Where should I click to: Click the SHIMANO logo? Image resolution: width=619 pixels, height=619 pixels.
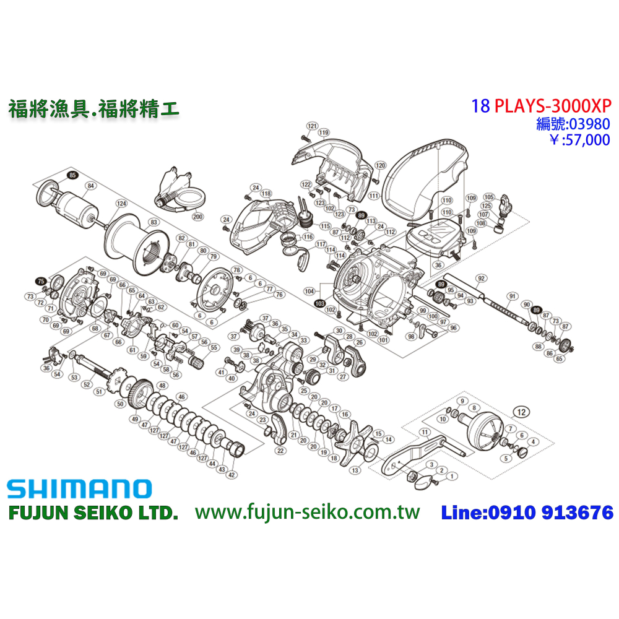pyautogui.click(x=79, y=489)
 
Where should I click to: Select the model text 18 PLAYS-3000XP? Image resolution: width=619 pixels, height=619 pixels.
pyautogui.click(x=540, y=105)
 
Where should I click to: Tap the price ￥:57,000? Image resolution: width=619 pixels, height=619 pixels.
pyautogui.click(x=579, y=140)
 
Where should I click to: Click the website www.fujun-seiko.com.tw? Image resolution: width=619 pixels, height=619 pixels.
pyautogui.click(x=307, y=513)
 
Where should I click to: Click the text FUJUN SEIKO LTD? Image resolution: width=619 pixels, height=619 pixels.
pyautogui.click(x=92, y=513)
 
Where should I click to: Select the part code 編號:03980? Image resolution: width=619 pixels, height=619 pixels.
pyautogui.click(x=573, y=123)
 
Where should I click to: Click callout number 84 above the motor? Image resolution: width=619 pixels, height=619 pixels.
pyautogui.click(x=90, y=185)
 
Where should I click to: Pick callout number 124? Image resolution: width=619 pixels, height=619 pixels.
pyautogui.click(x=121, y=203)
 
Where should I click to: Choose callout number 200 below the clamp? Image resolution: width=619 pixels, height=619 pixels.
pyautogui.click(x=197, y=217)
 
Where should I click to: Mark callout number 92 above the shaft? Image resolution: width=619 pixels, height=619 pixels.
pyautogui.click(x=478, y=279)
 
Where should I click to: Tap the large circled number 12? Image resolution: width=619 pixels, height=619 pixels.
pyautogui.click(x=522, y=410)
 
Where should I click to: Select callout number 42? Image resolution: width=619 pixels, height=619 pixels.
pyautogui.click(x=232, y=475)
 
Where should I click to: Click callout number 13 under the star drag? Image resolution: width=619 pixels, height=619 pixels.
pyautogui.click(x=355, y=470)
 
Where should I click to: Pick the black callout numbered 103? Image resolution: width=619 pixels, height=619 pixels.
pyautogui.click(x=319, y=304)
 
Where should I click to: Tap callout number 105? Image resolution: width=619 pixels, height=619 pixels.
pyautogui.click(x=488, y=196)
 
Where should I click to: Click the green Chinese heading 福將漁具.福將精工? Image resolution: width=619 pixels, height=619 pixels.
pyautogui.click(x=93, y=110)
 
